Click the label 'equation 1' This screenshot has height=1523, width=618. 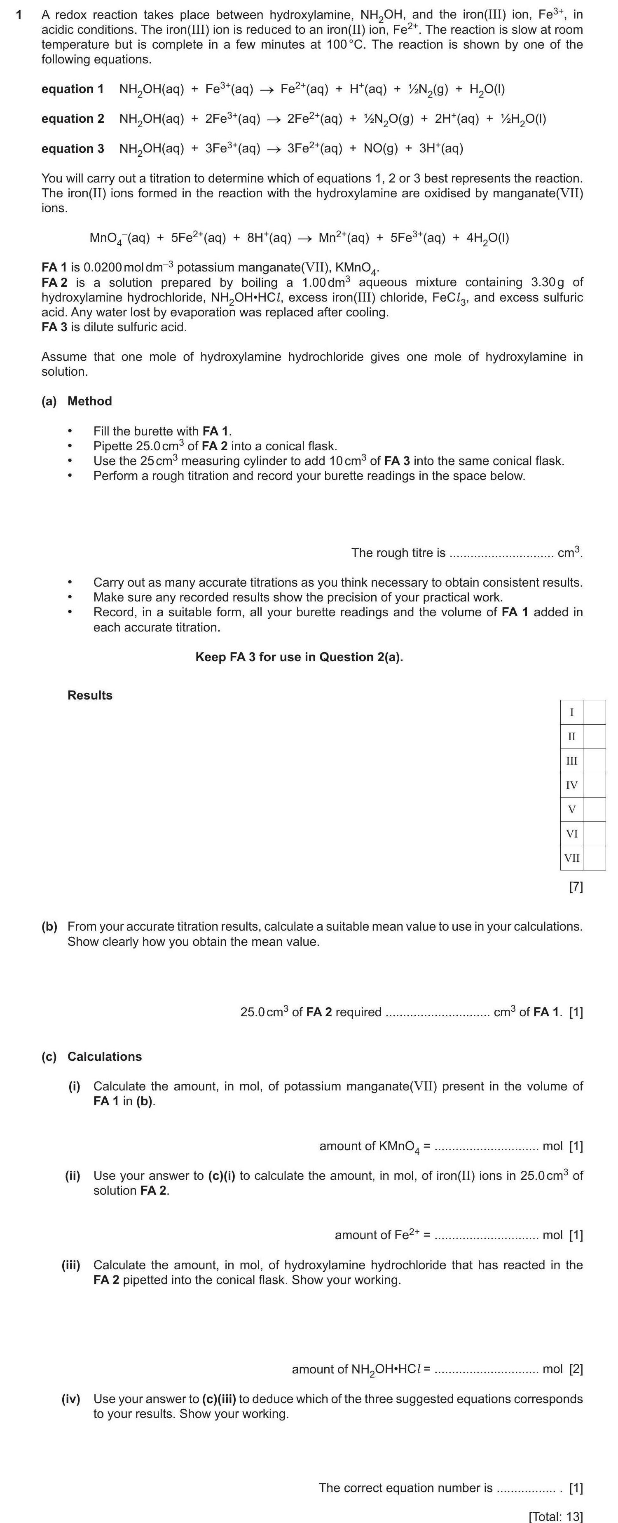point(72,89)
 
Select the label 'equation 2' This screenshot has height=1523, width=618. point(72,119)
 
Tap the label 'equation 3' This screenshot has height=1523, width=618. point(72,148)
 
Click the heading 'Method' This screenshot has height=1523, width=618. point(89,401)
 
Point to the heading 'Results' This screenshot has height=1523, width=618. point(89,695)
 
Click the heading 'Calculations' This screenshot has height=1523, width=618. point(104,1057)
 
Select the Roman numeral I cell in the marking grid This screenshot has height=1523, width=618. point(571,712)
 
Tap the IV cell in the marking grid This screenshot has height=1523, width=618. point(571,785)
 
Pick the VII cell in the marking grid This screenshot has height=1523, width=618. point(571,858)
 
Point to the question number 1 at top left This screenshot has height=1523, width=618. point(19,15)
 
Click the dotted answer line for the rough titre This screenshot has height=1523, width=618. point(501,554)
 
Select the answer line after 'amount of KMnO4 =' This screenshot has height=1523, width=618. point(486,1147)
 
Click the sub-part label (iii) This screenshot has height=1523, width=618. point(71,1265)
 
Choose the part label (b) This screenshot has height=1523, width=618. point(49,926)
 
